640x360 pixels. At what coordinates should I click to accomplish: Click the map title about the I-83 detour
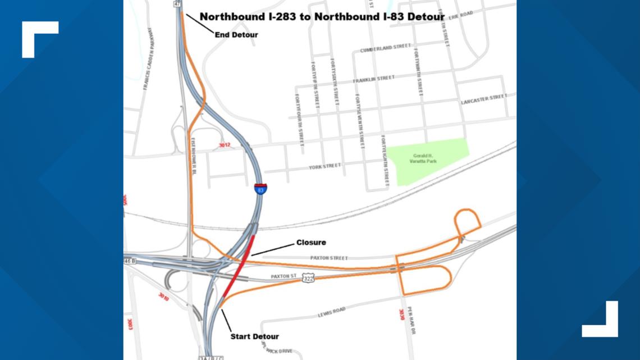[322, 17]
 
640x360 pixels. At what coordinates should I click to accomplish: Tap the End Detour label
[236, 35]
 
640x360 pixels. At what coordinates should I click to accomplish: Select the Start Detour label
[254, 336]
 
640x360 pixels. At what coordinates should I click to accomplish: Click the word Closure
[311, 243]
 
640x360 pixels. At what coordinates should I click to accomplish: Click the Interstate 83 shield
[260, 189]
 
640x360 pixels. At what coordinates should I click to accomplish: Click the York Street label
[324, 167]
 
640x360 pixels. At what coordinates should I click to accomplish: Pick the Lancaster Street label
[483, 99]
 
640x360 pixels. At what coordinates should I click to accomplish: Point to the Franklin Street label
[373, 79]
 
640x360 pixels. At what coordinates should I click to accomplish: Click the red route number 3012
[225, 145]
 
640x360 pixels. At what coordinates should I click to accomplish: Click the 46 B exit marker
[130, 261]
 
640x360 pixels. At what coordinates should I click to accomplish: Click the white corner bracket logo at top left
[40, 39]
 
